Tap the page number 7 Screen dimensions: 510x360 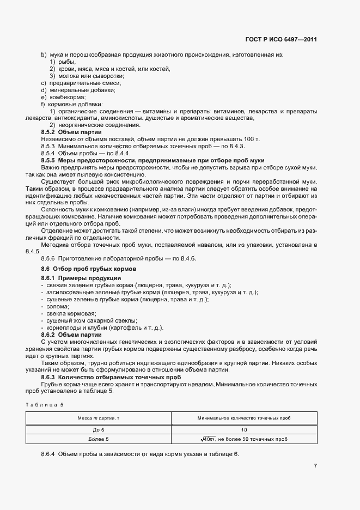(315, 466)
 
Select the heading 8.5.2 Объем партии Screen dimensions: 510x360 (71, 132)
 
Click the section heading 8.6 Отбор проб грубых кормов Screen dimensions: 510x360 (88, 270)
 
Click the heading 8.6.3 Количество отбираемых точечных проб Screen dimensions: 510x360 (112, 377)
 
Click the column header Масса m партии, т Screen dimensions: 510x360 (100, 418)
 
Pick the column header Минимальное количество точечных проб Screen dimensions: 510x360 (243, 418)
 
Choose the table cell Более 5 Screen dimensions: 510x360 (100, 439)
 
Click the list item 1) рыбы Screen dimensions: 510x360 (63, 62)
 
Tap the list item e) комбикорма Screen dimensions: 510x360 (63, 97)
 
